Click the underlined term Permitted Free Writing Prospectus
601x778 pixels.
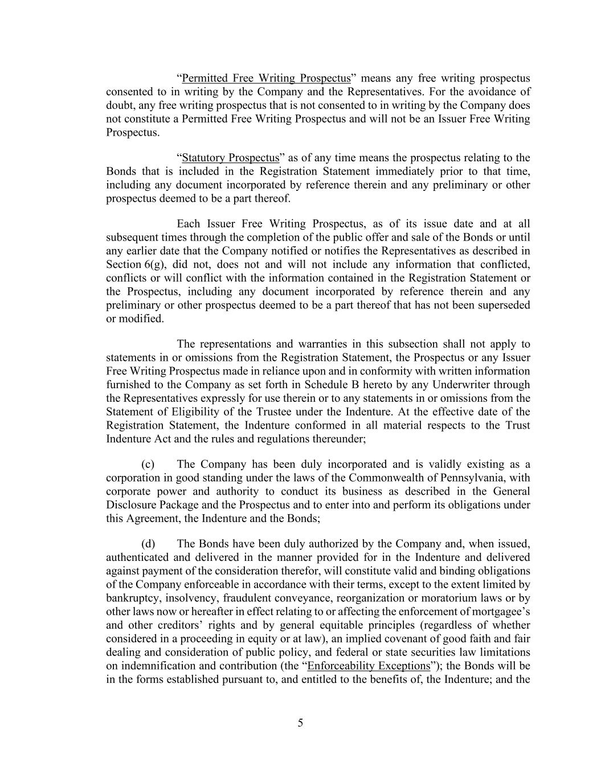click(265, 78)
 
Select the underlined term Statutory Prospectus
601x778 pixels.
click(230, 158)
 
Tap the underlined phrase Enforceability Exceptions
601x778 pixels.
click(368, 666)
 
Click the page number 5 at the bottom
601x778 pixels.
click(300, 723)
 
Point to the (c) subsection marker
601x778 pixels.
click(148, 464)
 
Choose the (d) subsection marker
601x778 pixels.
click(148, 543)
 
